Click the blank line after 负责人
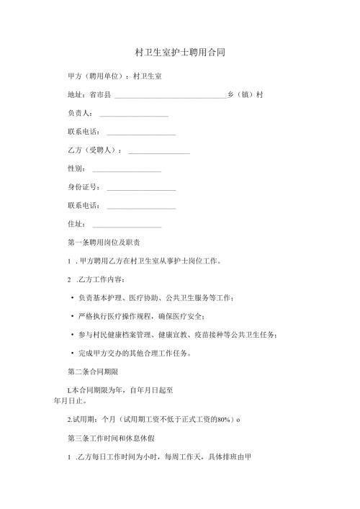point(133,115)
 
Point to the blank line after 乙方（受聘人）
point(158,153)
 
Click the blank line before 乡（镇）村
point(170,96)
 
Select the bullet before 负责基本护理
point(73,298)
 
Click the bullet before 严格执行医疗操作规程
point(73,317)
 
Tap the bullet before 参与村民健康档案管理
point(73,335)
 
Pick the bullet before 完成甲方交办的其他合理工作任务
point(73,354)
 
